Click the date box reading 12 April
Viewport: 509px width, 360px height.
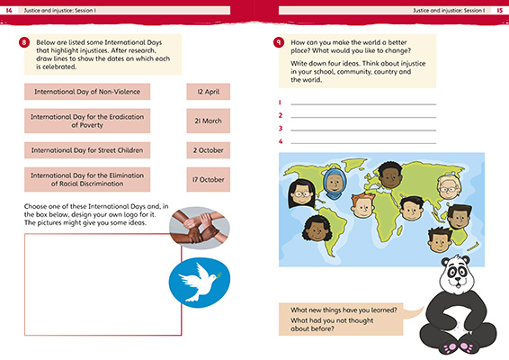(x=208, y=91)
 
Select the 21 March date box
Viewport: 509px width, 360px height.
(x=208, y=120)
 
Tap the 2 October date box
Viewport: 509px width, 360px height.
(x=208, y=149)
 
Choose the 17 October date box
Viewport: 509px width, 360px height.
(x=208, y=179)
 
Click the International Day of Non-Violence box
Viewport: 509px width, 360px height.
(x=86, y=91)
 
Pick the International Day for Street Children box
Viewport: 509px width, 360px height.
(x=86, y=149)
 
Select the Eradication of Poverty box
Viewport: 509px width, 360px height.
(x=86, y=121)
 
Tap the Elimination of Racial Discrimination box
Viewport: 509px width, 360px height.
(x=86, y=179)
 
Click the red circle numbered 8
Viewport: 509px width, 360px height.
(x=22, y=42)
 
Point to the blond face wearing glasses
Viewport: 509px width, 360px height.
(x=448, y=187)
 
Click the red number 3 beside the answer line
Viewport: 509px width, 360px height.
(x=281, y=128)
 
